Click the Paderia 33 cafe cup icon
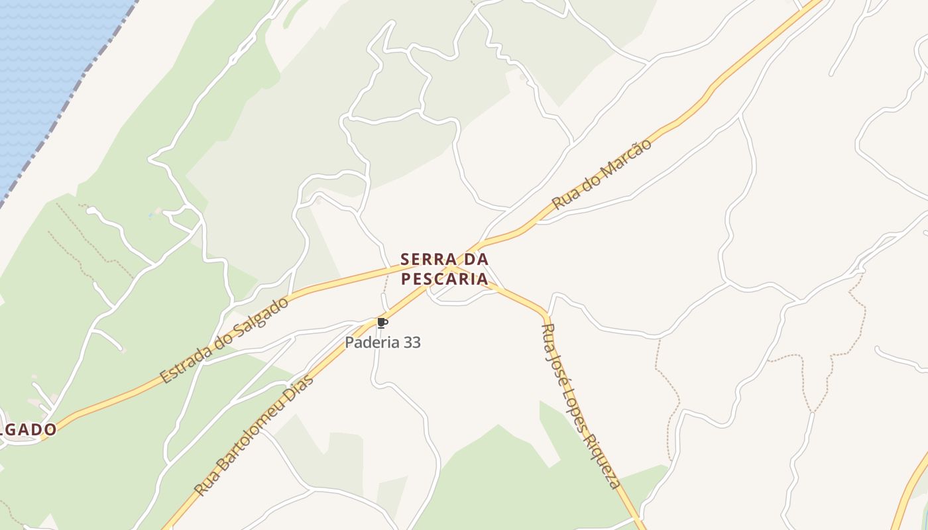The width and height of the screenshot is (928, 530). pos(382,323)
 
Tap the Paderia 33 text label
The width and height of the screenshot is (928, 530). pos(382,343)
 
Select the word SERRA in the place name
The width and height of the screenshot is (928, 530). pos(429,259)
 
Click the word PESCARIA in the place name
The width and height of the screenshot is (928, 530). pos(445,279)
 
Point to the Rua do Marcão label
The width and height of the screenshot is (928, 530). pos(602,174)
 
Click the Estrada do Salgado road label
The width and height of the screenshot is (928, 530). pos(225,339)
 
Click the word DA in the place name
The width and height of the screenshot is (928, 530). pos(474,259)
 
